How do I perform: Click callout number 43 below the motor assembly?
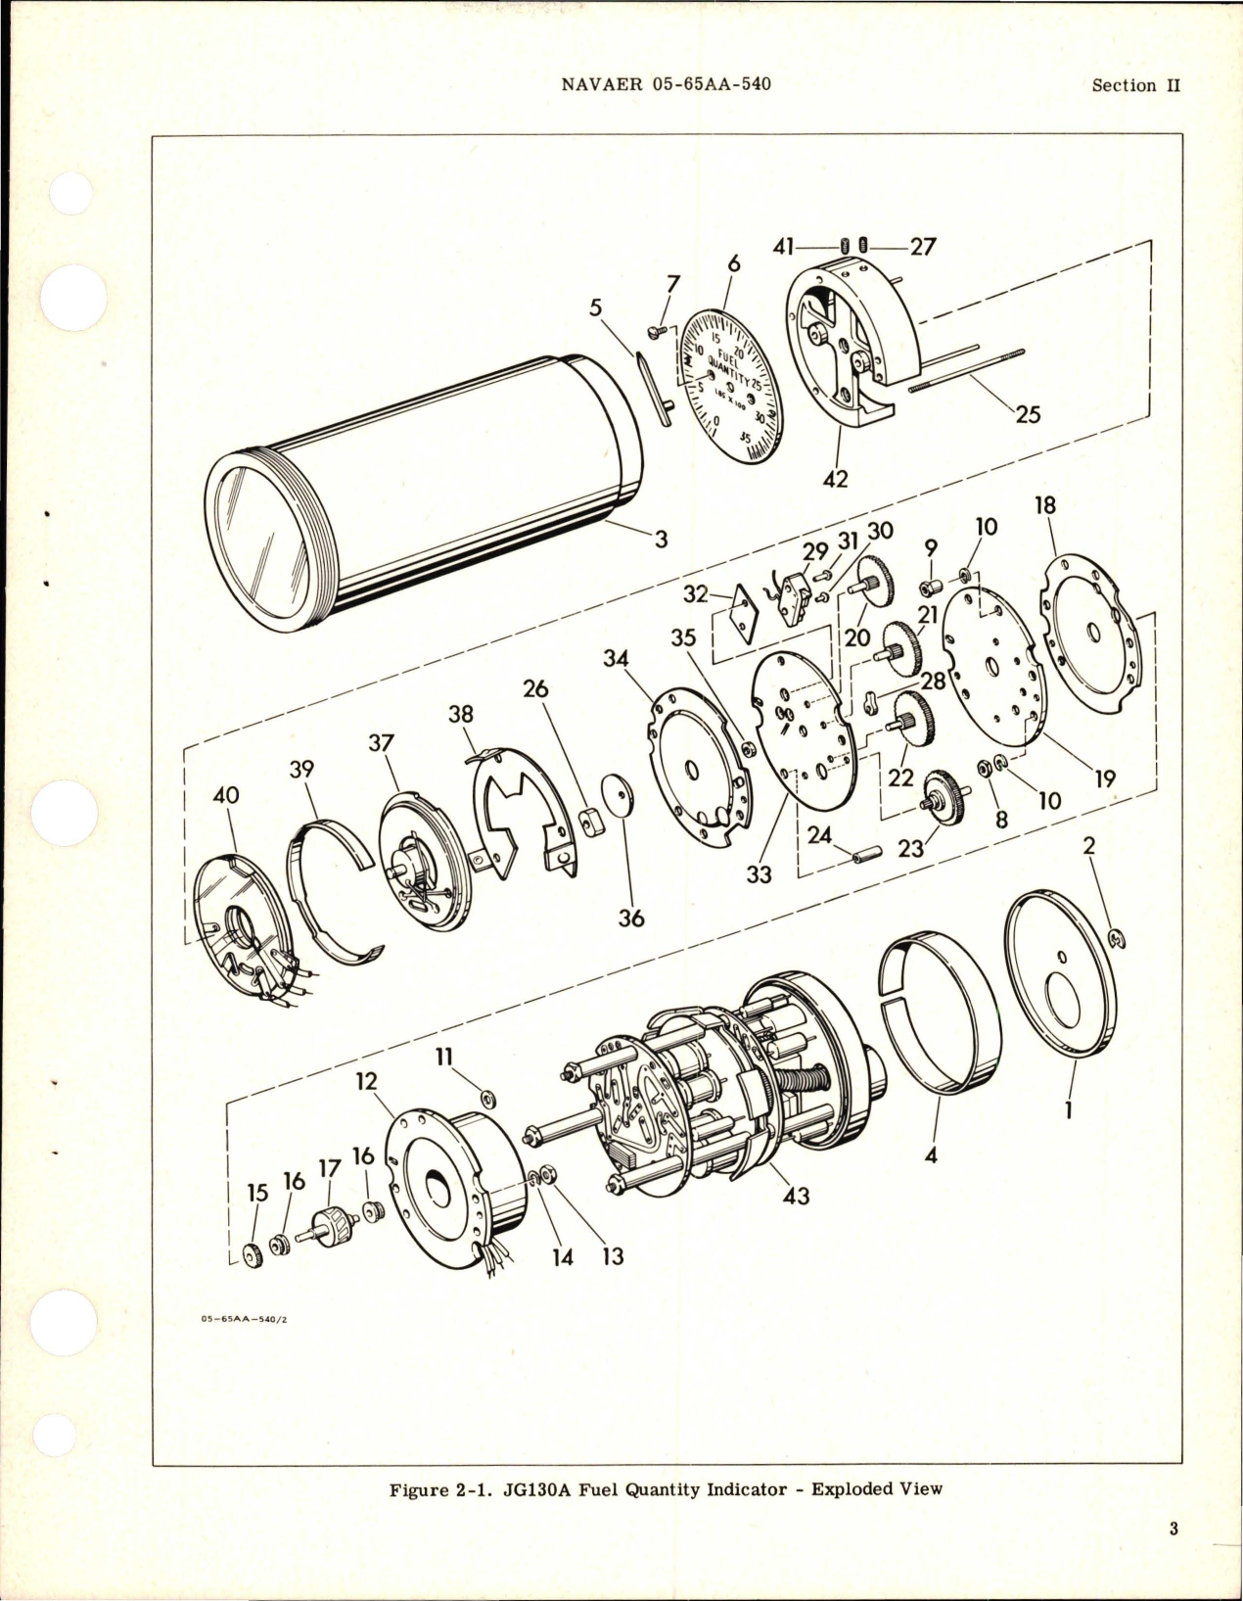[x=796, y=1196]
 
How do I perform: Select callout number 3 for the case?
[x=662, y=538]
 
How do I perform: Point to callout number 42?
[x=835, y=479]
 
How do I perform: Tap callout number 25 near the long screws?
[x=1027, y=414]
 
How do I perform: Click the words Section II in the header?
[x=1135, y=85]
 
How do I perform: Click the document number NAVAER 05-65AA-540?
[x=667, y=84]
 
